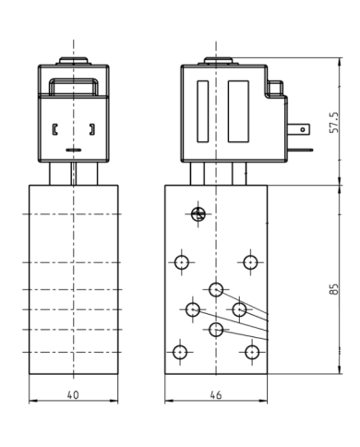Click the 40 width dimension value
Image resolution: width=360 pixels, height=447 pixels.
click(73, 394)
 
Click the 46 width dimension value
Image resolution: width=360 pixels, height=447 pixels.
click(216, 395)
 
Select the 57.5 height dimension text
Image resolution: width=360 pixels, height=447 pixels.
click(333, 122)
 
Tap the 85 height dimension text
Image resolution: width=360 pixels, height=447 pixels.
click(333, 289)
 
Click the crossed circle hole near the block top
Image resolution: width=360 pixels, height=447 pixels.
click(198, 214)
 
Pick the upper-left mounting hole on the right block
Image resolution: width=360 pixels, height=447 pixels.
click(182, 262)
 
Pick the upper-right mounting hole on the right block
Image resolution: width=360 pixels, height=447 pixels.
click(250, 262)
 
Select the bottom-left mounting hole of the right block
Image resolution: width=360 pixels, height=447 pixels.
click(180, 352)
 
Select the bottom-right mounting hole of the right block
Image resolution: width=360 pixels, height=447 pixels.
click(252, 352)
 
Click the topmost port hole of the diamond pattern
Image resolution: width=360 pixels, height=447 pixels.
click(216, 289)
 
